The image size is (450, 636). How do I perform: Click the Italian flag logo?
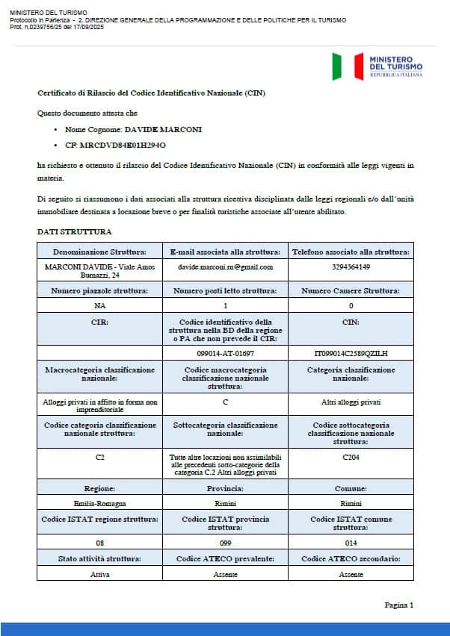(x=337, y=66)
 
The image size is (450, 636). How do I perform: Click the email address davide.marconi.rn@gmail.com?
(x=225, y=266)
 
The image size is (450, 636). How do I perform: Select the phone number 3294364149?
(x=351, y=266)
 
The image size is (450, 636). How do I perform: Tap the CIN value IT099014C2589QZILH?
(x=351, y=352)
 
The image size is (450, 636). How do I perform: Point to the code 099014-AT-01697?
(x=225, y=352)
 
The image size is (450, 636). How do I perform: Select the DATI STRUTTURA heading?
(x=75, y=232)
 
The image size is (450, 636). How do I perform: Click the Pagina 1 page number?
(x=398, y=605)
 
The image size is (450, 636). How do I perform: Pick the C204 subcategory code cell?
(x=351, y=455)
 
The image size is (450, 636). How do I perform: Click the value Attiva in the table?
(x=99, y=574)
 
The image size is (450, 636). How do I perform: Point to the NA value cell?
(x=99, y=306)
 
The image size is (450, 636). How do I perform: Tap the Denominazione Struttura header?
(x=99, y=252)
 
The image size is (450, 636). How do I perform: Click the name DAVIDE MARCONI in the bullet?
(x=163, y=129)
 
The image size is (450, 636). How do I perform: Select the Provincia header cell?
(x=225, y=488)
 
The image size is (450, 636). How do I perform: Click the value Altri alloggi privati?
(x=351, y=402)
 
